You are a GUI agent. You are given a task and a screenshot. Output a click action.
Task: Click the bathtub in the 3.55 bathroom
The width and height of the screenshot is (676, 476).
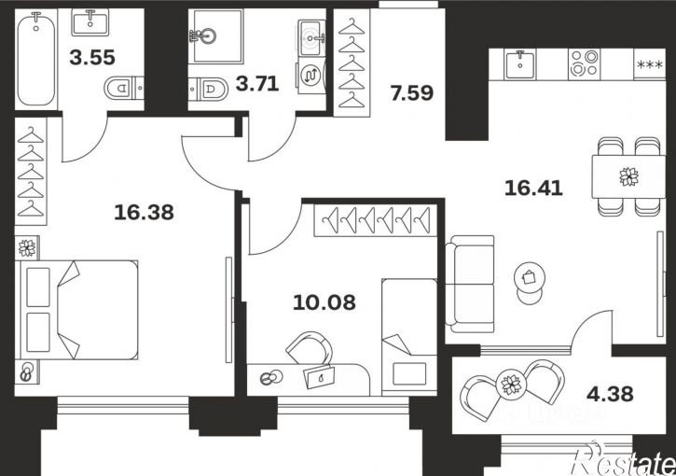click(x=36, y=59)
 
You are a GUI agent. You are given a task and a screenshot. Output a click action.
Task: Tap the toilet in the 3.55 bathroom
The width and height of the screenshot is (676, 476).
click(x=124, y=88)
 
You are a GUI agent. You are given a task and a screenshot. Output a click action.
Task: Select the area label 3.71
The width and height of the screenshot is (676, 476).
click(x=257, y=83)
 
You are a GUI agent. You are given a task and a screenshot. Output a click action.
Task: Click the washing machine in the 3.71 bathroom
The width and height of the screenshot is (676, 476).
click(x=310, y=76)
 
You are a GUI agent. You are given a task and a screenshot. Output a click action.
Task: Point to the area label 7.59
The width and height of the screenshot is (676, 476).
click(x=412, y=93)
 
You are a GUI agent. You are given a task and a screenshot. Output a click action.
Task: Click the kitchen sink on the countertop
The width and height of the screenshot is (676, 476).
click(x=520, y=63)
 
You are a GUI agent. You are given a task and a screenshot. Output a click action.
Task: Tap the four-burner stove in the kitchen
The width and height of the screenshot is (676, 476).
click(x=585, y=63)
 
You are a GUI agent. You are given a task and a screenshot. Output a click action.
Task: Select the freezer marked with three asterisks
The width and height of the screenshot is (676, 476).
click(x=650, y=63)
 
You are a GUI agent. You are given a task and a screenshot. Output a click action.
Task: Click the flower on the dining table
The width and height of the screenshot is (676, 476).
click(x=628, y=177)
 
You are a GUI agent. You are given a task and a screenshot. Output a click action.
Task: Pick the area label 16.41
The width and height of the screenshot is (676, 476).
click(x=533, y=189)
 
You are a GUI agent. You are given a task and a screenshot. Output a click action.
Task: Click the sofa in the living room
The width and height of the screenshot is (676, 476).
click(x=470, y=284)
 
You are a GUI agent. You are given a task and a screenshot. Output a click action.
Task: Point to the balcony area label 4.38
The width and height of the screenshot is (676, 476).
click(x=610, y=394)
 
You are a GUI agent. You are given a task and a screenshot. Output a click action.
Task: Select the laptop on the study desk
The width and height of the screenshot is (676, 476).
click(x=320, y=377)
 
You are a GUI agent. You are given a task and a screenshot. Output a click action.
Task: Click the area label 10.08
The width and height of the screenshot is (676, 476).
click(x=324, y=302)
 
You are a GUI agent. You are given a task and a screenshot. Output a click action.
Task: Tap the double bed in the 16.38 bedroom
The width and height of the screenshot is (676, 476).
click(x=76, y=310)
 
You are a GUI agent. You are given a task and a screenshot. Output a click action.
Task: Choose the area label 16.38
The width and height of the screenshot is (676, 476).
click(x=144, y=212)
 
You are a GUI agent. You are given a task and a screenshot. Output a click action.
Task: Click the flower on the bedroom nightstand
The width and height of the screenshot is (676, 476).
click(x=27, y=248)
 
